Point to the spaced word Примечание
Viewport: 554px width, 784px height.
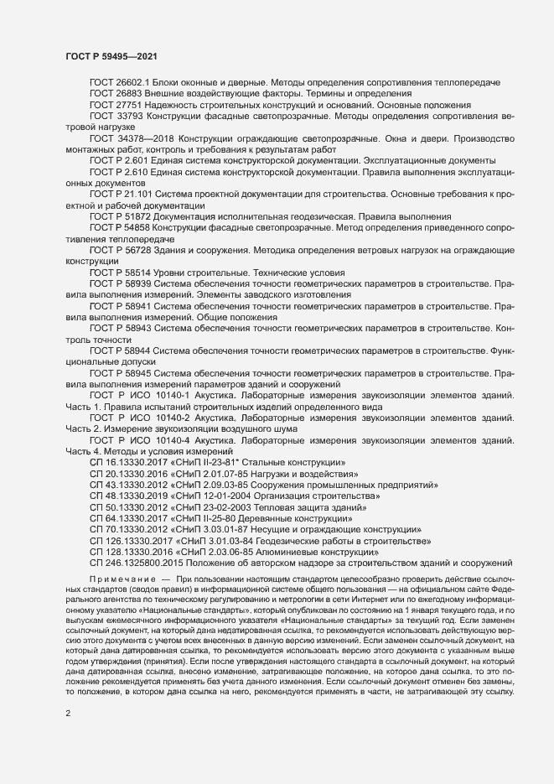pyautogui.click(x=122, y=579)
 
